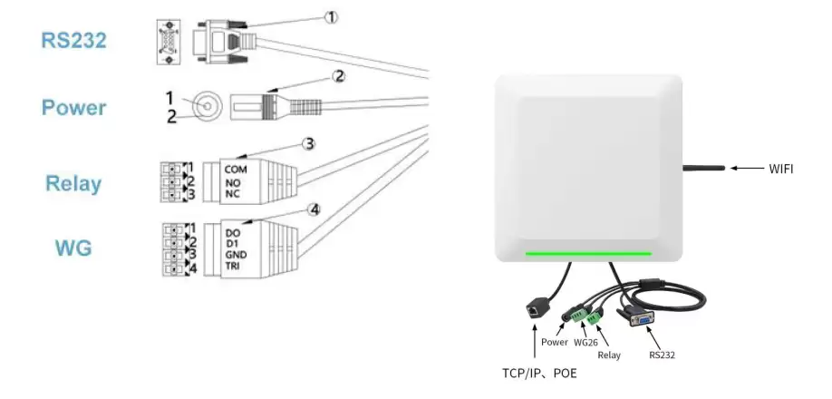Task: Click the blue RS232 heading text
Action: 73,40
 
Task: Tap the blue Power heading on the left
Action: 73,108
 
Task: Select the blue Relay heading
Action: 73,183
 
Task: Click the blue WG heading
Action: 73,248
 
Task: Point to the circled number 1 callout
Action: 331,17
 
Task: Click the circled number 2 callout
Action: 339,76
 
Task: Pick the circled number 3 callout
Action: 309,143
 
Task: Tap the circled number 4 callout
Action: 314,210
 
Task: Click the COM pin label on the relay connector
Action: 236,170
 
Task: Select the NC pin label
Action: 232,194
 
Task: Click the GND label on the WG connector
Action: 237,255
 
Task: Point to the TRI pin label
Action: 233,266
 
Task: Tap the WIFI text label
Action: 781,170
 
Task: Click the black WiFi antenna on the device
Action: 703,168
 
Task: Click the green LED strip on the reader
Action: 588,254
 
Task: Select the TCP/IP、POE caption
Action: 539,374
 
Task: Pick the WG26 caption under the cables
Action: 585,342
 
